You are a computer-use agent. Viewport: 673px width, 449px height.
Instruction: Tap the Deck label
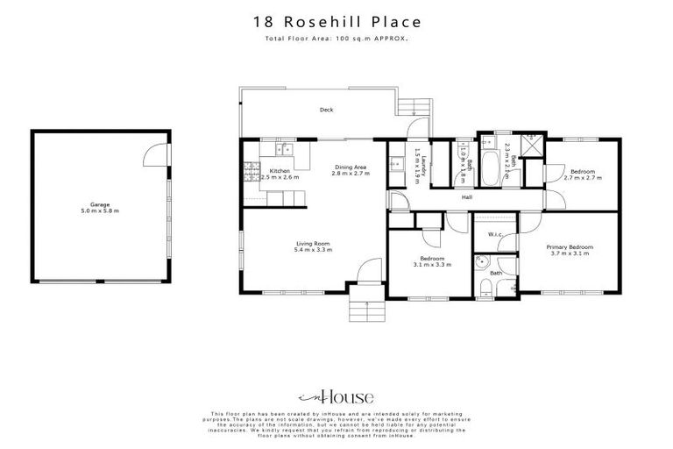326,110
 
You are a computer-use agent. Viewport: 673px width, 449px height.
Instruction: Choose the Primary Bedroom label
570,247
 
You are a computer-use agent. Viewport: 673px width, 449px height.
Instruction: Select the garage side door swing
154,155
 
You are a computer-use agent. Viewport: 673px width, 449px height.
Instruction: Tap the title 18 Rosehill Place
336,21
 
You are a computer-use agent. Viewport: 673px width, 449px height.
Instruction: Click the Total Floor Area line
336,39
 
